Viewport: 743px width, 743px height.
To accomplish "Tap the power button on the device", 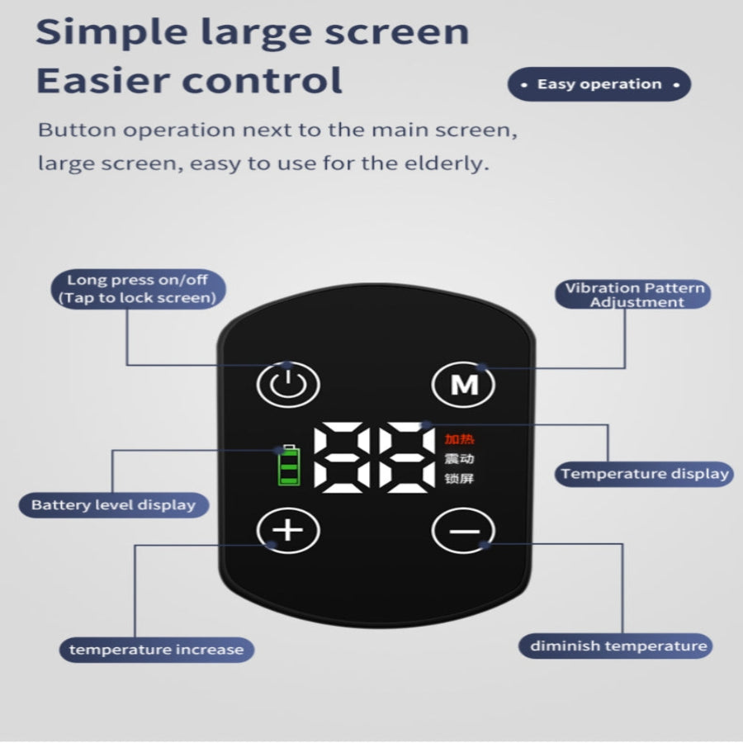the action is point(288,384).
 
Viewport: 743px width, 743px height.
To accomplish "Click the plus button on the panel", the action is point(288,530).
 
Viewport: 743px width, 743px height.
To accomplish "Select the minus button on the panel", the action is point(463,530).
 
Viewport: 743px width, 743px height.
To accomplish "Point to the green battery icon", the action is point(289,466).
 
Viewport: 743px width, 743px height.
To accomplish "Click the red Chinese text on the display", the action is point(459,439).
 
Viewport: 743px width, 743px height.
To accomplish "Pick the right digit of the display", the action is point(406,457).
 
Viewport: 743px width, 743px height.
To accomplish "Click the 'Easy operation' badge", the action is point(599,84).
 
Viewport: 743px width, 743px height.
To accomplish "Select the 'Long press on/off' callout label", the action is point(138,289).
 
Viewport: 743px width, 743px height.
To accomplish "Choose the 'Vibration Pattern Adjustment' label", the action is point(633,294).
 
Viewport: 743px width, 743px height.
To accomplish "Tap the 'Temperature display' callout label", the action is point(644,474).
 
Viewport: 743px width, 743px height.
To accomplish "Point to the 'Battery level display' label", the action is point(114,505).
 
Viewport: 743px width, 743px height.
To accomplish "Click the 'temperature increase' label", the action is point(156,650).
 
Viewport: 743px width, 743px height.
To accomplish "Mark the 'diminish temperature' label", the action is point(616,646).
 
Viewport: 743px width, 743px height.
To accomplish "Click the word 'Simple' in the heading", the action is point(111,33).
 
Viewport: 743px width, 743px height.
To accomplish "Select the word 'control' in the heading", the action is point(262,80).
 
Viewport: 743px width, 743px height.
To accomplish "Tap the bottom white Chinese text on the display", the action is point(459,479).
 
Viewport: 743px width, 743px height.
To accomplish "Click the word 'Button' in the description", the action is point(77,130).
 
